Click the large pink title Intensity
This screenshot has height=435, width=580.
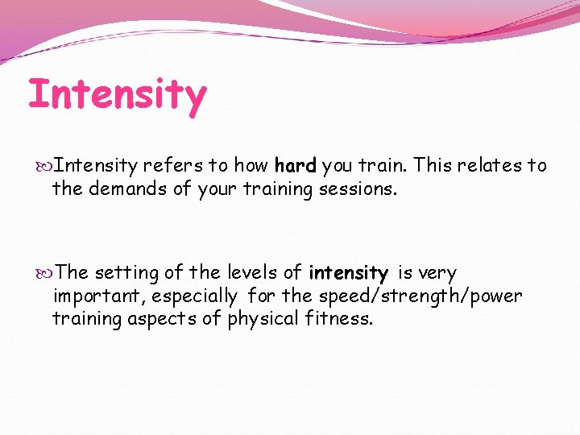(118, 95)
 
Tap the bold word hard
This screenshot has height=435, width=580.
(295, 167)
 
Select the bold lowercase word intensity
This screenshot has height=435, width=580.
(348, 274)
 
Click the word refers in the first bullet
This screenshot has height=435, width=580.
(173, 167)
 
